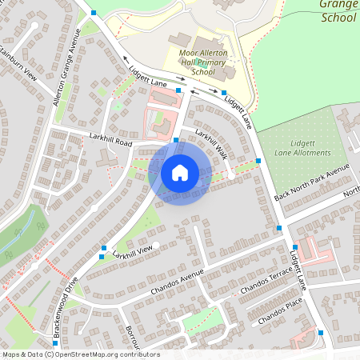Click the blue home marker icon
[180, 172]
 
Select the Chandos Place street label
[281, 310]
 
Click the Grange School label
[338, 10]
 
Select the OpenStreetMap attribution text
[80, 354]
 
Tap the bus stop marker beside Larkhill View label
[102, 257]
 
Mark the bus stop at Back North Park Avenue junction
[279, 228]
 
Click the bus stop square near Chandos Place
[320, 332]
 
